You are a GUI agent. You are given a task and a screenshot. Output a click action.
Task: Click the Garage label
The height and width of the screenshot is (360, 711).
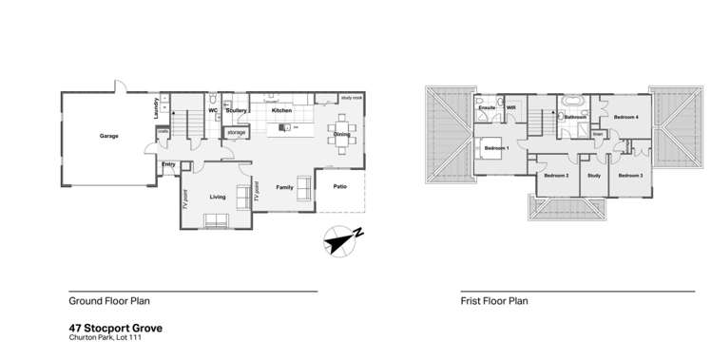(109, 137)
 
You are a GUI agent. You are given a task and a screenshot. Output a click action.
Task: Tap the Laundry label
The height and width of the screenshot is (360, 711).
(156, 110)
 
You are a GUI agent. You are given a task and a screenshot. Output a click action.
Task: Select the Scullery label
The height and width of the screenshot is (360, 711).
(236, 111)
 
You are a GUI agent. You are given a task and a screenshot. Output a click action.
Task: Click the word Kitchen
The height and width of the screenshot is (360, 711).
(281, 111)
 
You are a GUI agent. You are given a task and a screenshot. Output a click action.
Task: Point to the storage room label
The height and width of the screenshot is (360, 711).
(237, 133)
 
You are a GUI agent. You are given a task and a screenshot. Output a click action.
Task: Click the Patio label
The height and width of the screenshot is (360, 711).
(339, 186)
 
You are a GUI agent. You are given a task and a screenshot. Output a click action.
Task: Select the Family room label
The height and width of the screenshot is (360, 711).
(284, 188)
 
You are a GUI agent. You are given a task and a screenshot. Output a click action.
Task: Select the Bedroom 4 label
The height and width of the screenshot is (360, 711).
(625, 117)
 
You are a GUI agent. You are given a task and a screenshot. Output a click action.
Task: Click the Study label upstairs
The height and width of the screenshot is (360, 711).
(594, 176)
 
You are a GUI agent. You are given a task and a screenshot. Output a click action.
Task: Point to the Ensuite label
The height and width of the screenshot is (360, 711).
(487, 108)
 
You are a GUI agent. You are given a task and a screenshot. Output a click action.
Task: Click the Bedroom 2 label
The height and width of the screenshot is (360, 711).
(556, 176)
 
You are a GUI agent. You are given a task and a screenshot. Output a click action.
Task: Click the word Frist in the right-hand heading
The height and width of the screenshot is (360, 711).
(470, 301)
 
